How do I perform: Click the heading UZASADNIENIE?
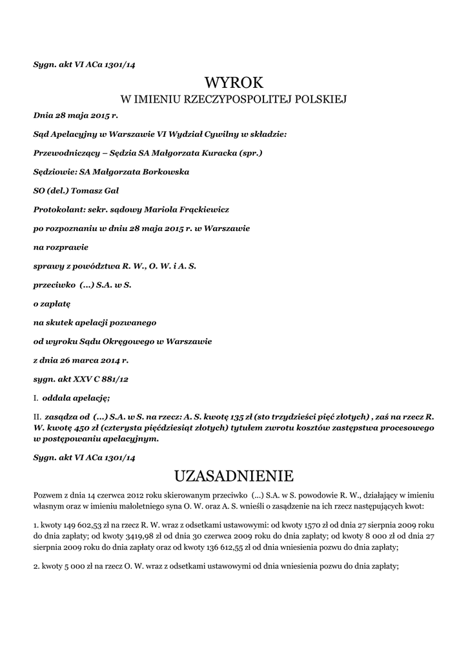[234, 476]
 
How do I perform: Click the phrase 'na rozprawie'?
[61, 247]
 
